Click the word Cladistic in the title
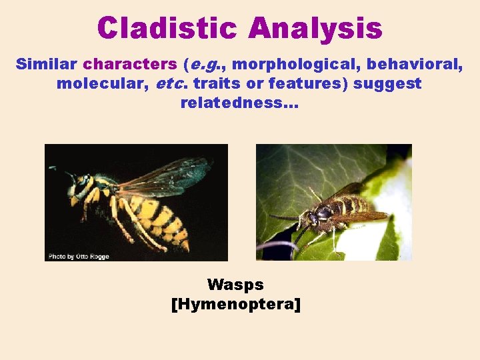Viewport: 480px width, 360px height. point(167,29)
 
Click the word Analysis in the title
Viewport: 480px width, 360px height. point(315,29)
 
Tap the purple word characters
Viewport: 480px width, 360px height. point(130,65)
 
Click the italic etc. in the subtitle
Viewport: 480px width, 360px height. point(173,84)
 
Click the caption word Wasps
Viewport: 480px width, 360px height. point(235,285)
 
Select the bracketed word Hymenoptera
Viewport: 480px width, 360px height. point(236,305)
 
